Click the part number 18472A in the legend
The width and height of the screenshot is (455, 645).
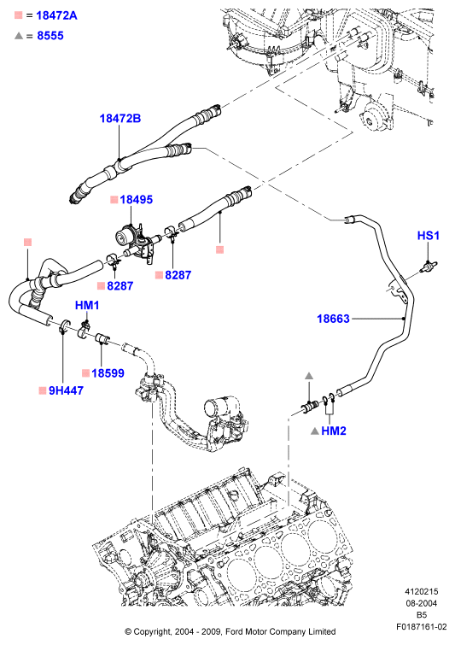tap(56, 15)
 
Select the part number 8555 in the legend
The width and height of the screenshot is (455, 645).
tap(50, 36)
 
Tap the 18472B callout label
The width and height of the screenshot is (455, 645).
tap(120, 119)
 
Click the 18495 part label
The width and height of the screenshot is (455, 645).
tap(136, 200)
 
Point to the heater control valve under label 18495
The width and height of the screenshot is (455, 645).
tap(135, 242)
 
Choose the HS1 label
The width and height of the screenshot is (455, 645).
tap(429, 235)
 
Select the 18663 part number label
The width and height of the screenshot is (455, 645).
tap(333, 319)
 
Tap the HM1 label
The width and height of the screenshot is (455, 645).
tap(87, 305)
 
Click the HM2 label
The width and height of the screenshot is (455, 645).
tap(334, 431)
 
